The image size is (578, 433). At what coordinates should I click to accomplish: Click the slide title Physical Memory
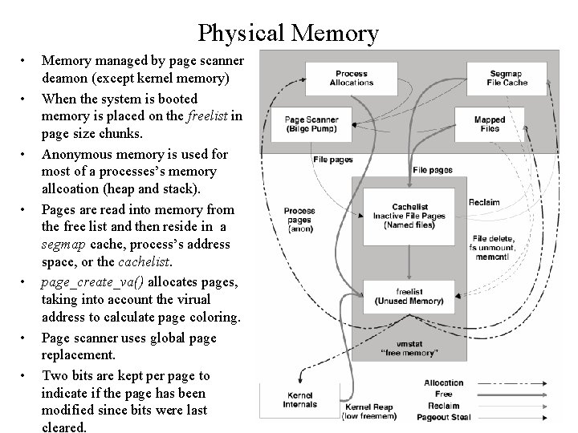coord(288,33)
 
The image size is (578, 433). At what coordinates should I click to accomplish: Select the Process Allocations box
coord(352,78)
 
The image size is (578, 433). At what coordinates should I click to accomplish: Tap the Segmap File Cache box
coord(506,78)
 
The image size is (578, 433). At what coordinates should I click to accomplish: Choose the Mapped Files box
coord(490,123)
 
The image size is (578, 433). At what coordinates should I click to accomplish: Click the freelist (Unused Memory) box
coord(409,296)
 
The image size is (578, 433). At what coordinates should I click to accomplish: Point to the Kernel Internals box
coord(299,399)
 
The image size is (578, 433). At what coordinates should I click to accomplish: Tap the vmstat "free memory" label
coord(409,347)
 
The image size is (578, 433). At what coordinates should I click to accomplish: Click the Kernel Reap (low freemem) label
coord(369,411)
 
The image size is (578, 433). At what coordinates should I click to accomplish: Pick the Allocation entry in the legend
coord(444,382)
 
